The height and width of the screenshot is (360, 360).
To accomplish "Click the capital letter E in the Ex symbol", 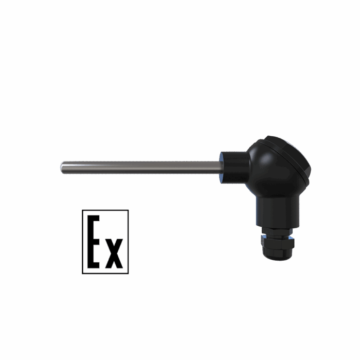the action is click(91, 242).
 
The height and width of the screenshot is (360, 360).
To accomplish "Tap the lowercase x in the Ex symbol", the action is click(114, 253).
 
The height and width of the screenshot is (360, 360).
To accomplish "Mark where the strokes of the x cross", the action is click(114, 253).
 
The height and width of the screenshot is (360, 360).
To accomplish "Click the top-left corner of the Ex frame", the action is click(82, 210).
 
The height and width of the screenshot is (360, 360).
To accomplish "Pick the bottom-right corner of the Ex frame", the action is click(128, 274).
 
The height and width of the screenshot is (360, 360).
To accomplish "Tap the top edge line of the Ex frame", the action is click(105, 210).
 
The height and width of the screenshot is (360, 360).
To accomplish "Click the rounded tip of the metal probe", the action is click(62, 167).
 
